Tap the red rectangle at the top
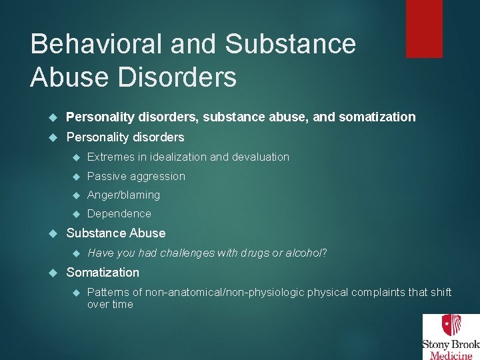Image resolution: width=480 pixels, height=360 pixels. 424,28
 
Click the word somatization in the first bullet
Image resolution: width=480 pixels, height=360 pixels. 377,117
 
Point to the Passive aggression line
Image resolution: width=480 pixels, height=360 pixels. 136,176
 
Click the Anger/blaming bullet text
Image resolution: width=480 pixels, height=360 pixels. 123,195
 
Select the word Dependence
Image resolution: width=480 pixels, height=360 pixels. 119,213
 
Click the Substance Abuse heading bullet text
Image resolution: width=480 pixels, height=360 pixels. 116,233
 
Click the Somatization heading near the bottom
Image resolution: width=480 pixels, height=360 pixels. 103,272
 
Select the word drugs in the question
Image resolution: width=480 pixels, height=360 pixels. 255,253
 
